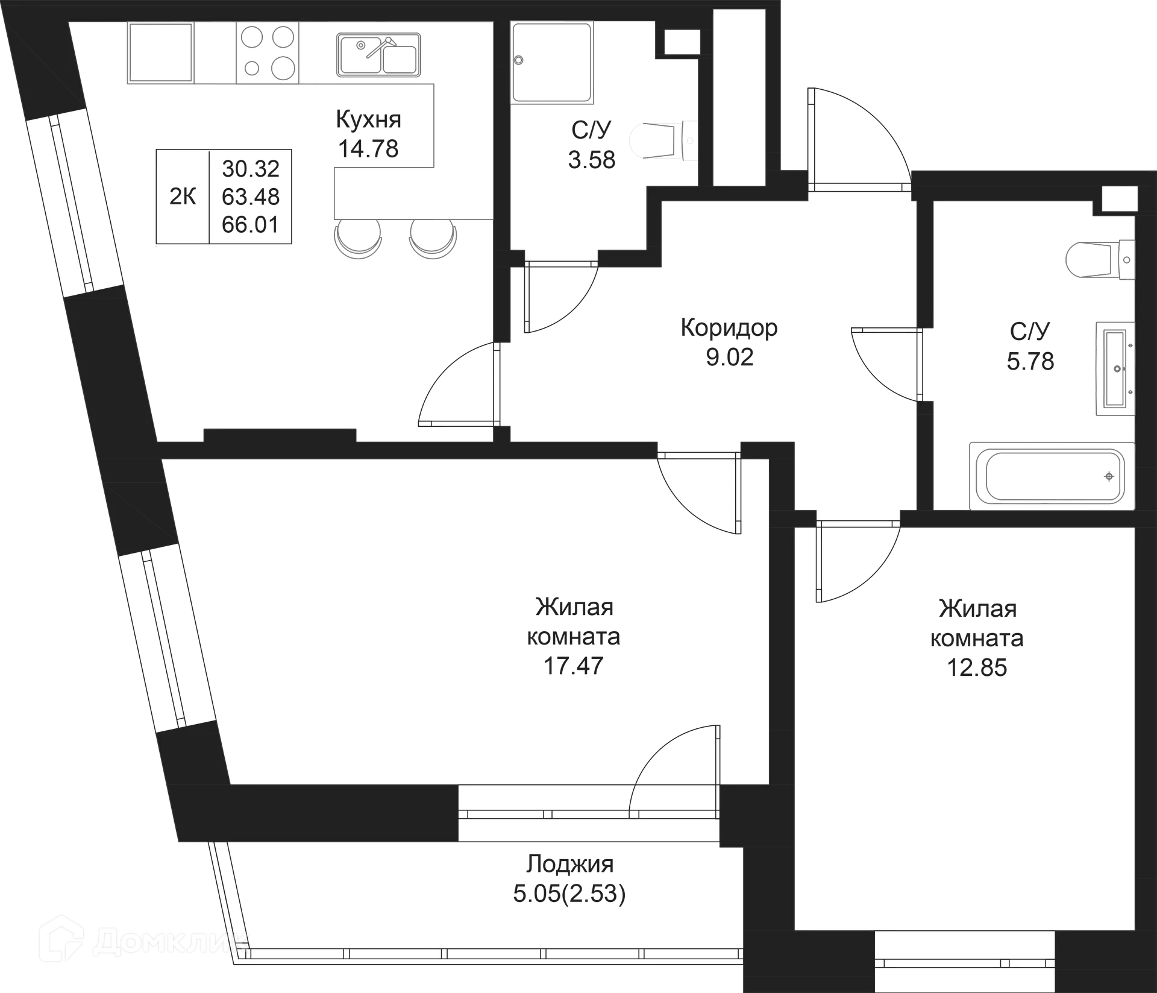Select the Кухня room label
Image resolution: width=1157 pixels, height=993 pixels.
369,119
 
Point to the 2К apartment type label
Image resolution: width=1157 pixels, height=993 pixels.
183,196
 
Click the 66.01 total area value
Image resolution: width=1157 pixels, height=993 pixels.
251,224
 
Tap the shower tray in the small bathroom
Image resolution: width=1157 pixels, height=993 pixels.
551,61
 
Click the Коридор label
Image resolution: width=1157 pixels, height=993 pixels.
729,327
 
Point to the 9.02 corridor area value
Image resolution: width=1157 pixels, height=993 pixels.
729,357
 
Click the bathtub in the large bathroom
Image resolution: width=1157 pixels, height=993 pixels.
1052,476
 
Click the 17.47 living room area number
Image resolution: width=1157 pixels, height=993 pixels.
572,666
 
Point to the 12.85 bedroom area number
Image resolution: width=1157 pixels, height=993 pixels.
979,668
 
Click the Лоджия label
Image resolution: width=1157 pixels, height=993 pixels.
569,864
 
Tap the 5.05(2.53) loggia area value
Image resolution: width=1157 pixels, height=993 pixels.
569,894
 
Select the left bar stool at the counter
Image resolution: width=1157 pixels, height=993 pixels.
359,239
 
